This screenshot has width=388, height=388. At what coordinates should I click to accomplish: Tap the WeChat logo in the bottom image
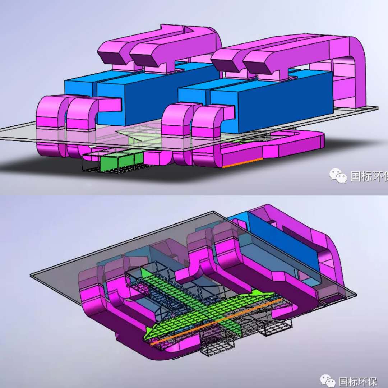[x=327, y=382]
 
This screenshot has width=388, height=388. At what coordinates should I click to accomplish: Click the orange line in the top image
[x=242, y=163]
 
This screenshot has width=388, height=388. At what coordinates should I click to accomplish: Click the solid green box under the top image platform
[x=122, y=162]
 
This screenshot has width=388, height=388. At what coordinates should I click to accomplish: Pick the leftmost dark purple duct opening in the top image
[x=110, y=57]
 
